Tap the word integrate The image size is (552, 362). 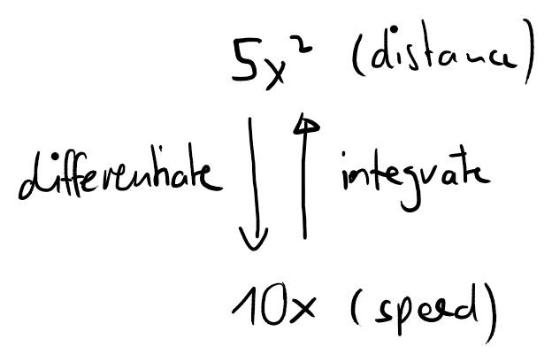click(416, 180)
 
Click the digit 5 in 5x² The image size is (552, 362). click(247, 60)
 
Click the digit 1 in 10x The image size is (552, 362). click(247, 305)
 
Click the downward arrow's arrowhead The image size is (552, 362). click(254, 240)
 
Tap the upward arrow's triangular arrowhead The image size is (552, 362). click(305, 124)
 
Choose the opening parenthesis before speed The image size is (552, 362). click(356, 307)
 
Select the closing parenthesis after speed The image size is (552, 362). click(492, 313)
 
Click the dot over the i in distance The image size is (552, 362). click(394, 28)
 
